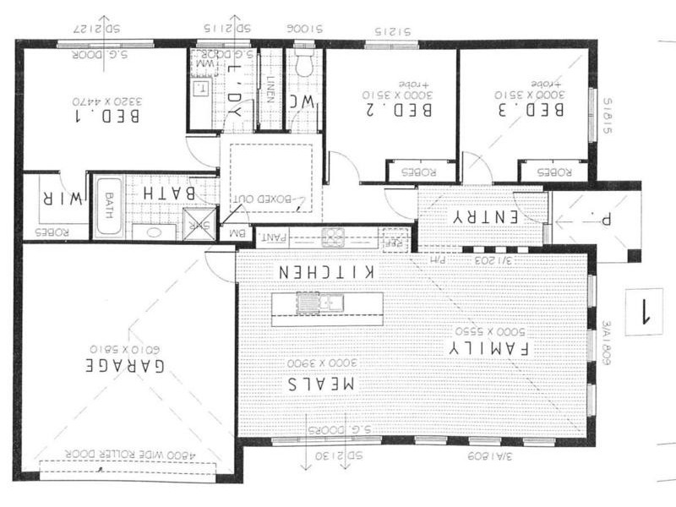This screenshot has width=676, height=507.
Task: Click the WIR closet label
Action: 60,199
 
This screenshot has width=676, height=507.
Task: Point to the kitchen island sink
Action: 323,301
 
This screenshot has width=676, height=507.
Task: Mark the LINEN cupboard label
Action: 269,90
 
